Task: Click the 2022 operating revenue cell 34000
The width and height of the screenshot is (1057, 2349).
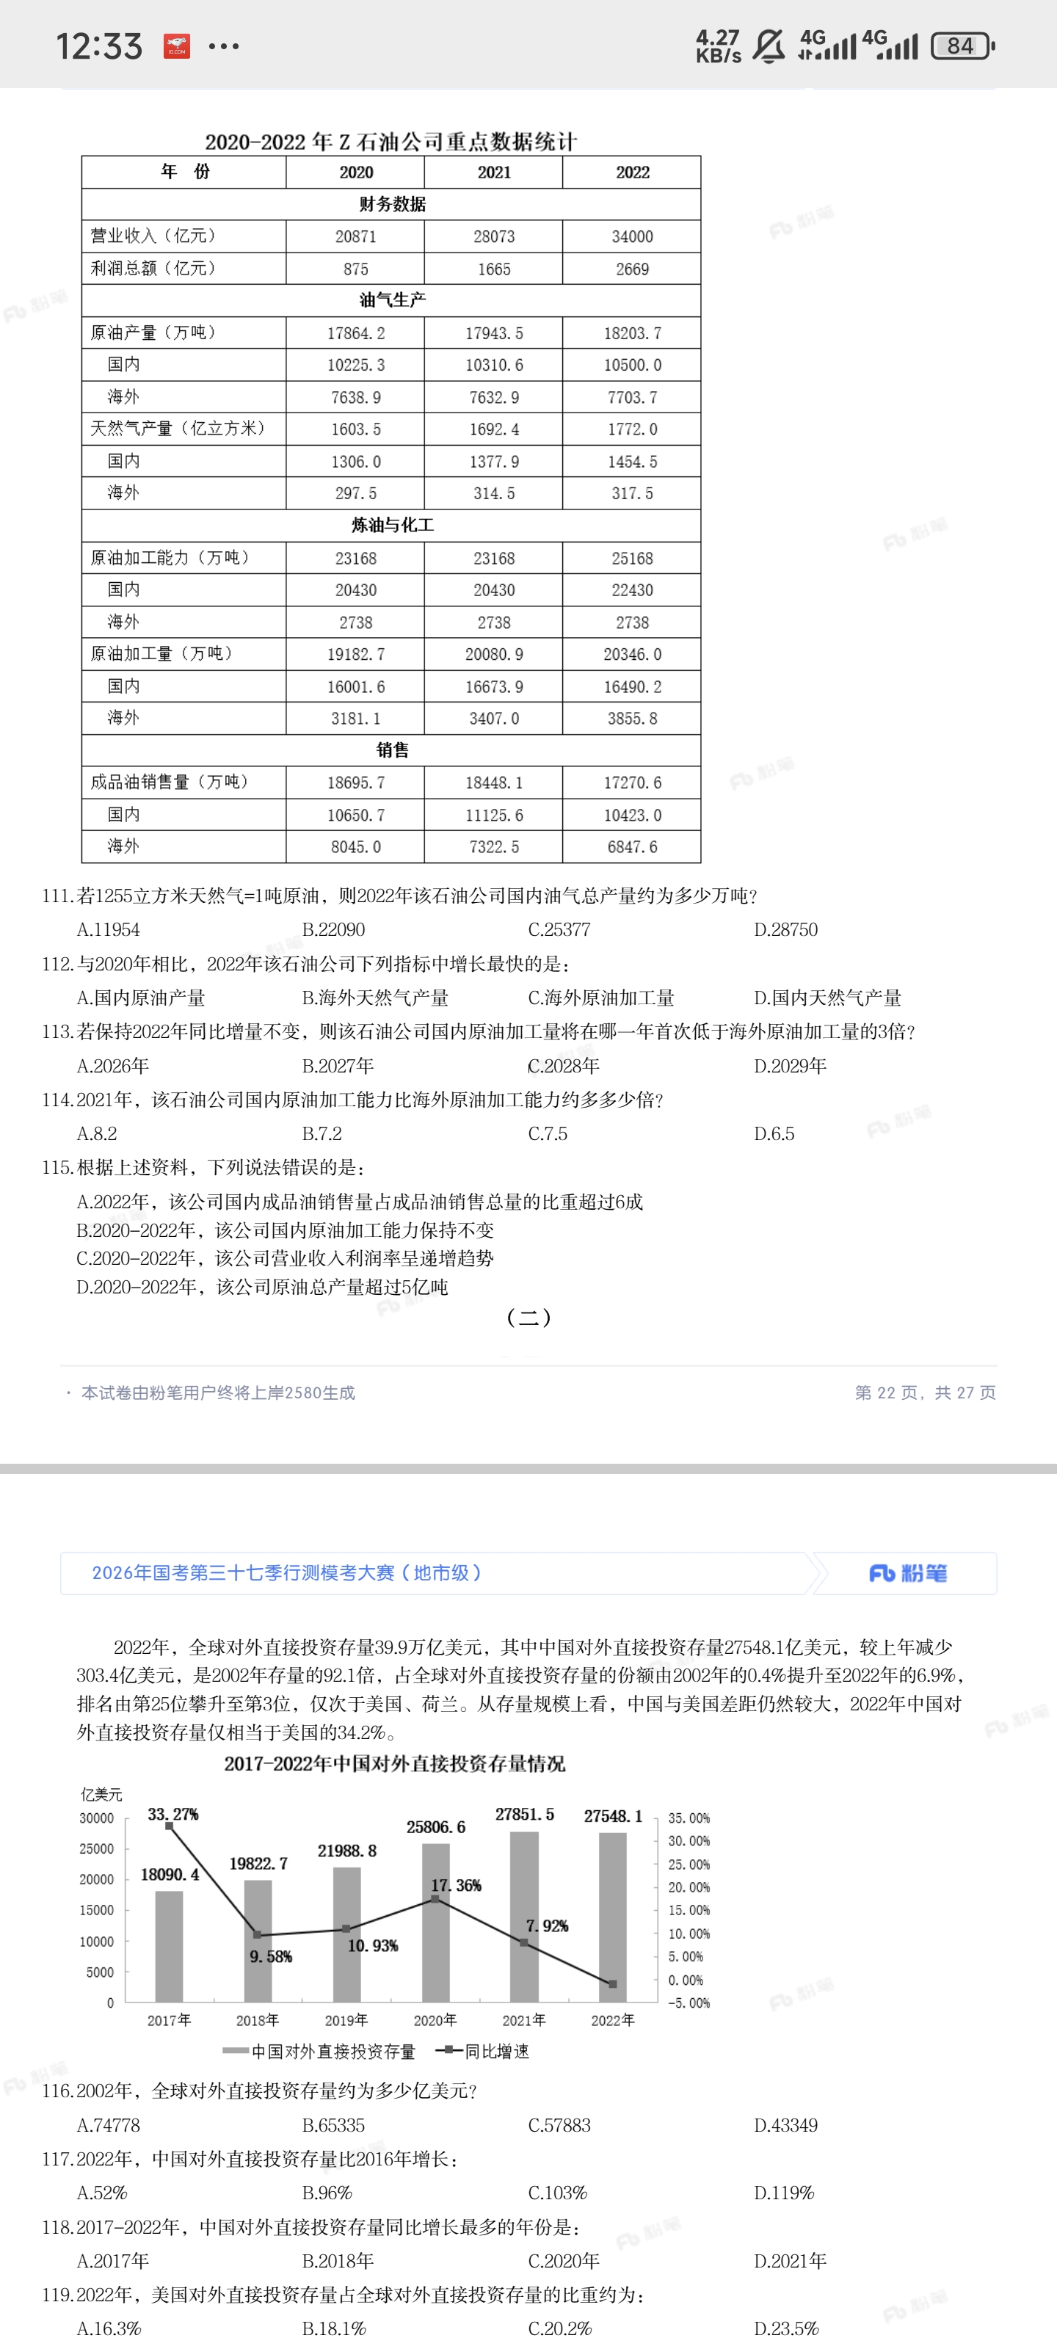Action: click(x=632, y=236)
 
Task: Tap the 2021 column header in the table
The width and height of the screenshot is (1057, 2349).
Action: click(x=494, y=173)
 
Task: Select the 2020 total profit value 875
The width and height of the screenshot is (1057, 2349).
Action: click(x=356, y=269)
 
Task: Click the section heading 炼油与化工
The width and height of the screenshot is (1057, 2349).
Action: click(x=392, y=526)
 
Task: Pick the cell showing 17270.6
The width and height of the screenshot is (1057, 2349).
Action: click(x=632, y=783)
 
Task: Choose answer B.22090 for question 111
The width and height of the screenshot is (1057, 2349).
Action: click(x=334, y=929)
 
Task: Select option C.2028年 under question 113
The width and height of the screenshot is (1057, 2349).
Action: click(x=564, y=1065)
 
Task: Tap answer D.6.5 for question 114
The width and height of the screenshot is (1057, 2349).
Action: click(x=774, y=1133)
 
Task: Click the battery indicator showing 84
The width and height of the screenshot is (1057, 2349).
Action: click(x=962, y=46)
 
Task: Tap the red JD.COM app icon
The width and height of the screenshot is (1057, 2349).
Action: click(x=177, y=46)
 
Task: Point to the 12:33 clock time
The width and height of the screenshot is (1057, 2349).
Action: click(x=99, y=46)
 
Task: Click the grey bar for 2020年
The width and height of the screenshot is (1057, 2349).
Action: click(x=435, y=1924)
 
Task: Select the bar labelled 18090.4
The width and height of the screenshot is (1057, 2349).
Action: click(x=169, y=1947)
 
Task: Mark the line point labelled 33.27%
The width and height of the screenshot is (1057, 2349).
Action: click(x=169, y=1826)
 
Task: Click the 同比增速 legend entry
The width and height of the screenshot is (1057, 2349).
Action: click(x=483, y=2051)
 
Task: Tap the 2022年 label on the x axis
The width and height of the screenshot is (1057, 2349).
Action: click(x=612, y=2020)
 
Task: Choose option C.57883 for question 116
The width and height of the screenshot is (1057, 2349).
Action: click(x=559, y=2124)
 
